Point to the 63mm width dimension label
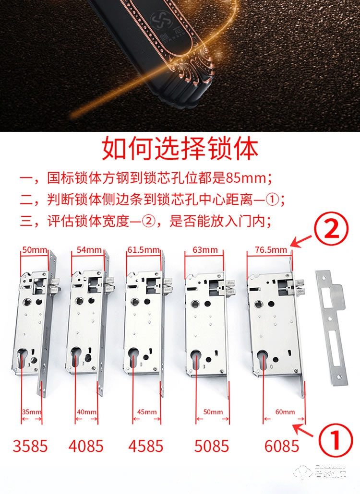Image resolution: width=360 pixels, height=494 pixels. pyautogui.click(x=204, y=250)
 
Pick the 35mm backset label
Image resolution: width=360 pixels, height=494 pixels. pyautogui.click(x=32, y=412)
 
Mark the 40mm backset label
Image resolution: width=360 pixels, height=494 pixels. pyautogui.click(x=87, y=412)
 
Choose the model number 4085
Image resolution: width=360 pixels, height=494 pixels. pyautogui.click(x=86, y=446)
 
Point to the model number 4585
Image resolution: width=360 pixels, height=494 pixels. pyautogui.click(x=145, y=446)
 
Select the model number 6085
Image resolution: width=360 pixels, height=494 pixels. pyautogui.click(x=282, y=446)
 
